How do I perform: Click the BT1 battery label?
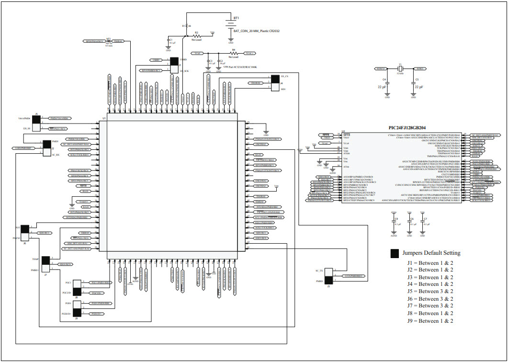coord(236,17)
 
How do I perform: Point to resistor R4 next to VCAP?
coord(234,53)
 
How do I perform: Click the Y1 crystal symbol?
coord(400,69)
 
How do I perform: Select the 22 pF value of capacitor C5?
coord(419,87)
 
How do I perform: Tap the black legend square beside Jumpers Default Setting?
coord(395,253)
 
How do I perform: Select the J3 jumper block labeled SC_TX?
coord(328,276)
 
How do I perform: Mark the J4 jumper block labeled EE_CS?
coord(275,82)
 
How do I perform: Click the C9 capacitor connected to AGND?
coord(394,224)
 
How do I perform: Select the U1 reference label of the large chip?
coord(104,117)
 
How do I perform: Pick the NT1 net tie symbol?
coord(109,42)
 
